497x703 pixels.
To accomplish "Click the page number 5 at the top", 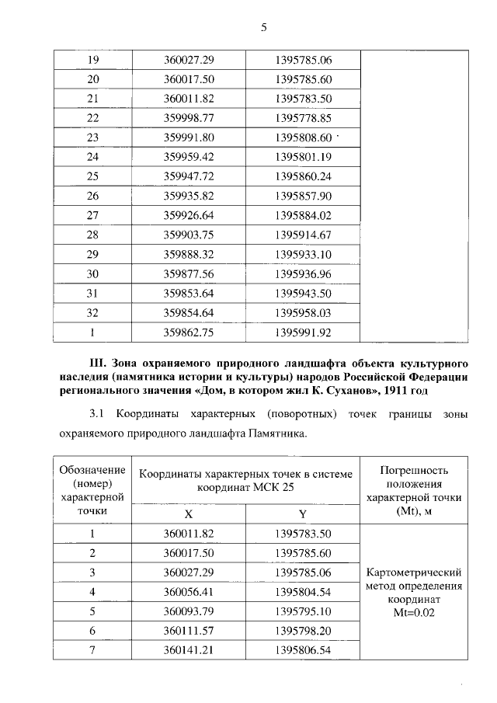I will (x=263, y=28).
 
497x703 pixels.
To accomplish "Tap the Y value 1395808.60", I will (x=304, y=137).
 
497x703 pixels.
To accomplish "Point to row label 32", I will (x=92, y=312).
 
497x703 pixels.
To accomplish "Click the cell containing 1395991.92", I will (x=304, y=332).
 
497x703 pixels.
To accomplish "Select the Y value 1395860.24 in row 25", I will (x=304, y=176).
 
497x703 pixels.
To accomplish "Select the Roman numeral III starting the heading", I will (x=98, y=363).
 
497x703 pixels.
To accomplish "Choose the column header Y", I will (x=304, y=514).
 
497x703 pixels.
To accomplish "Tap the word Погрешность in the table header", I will (x=415, y=471).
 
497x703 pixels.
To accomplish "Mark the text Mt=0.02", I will (x=415, y=612).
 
